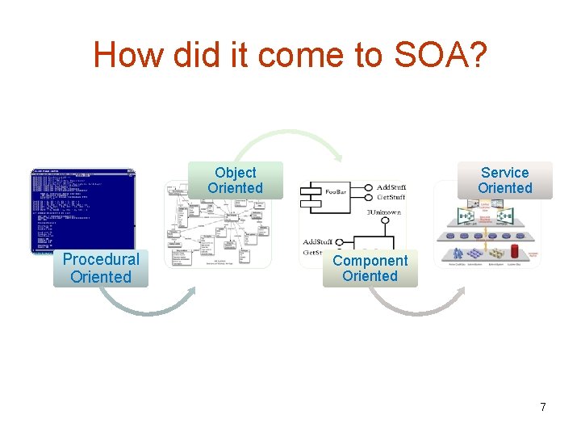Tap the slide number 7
click(543, 407)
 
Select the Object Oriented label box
click(235, 180)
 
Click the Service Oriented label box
click(504, 180)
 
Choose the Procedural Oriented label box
click(101, 268)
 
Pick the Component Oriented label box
click(370, 268)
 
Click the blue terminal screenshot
click(83, 210)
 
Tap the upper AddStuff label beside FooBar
click(391, 187)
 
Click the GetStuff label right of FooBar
click(391, 198)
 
